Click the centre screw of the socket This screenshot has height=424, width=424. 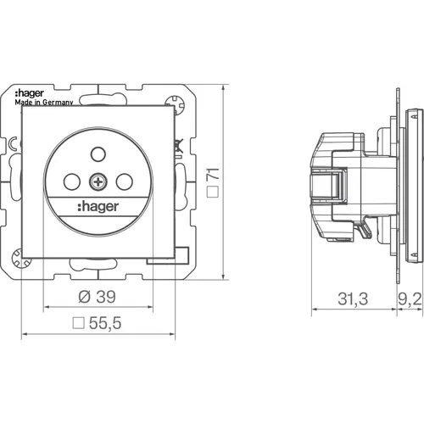[98, 182]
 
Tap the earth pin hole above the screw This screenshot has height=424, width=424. [98, 154]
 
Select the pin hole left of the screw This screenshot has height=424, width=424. [72, 181]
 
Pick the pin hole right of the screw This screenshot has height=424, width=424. [125, 181]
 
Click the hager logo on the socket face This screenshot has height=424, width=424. [98, 207]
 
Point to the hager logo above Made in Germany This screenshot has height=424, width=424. [29, 94]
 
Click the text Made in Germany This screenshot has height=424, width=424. [44, 103]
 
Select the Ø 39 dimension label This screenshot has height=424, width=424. [97, 297]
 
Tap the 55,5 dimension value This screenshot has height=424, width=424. [105, 323]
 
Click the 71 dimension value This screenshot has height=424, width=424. [213, 174]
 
